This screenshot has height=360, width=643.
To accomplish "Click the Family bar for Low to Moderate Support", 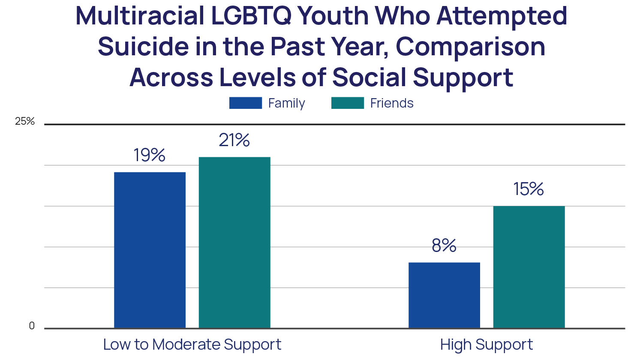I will pyautogui.click(x=150, y=250).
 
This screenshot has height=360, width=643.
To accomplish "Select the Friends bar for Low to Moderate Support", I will pyautogui.click(x=234, y=242).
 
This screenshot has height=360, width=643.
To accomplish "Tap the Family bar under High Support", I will pyautogui.click(x=444, y=295).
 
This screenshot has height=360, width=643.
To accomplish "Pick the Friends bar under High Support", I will pyautogui.click(x=529, y=267).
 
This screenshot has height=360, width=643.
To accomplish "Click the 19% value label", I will pyautogui.click(x=149, y=155).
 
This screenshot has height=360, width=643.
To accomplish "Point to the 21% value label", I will pyautogui.click(x=234, y=140).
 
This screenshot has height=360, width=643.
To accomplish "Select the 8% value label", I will pyautogui.click(x=444, y=246).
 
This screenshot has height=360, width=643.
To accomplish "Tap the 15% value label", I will pyautogui.click(x=529, y=189).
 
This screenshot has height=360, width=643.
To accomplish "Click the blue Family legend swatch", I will pyautogui.click(x=246, y=103).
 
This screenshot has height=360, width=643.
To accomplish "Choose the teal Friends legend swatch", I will pyautogui.click(x=348, y=103).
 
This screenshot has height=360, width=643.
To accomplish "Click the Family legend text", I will pyautogui.click(x=286, y=103).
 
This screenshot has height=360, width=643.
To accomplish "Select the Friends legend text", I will pyautogui.click(x=392, y=103).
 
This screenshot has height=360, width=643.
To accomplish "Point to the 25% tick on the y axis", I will pyautogui.click(x=25, y=122).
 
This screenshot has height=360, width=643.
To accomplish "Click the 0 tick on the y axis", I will pyautogui.click(x=32, y=326).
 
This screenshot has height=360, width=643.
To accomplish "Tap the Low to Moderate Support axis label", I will pyautogui.click(x=192, y=345).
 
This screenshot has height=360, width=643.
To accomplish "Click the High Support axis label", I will pyautogui.click(x=487, y=345).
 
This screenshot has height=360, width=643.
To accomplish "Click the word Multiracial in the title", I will pyautogui.click(x=140, y=16).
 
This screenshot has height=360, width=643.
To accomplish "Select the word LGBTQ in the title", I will pyautogui.click(x=251, y=16).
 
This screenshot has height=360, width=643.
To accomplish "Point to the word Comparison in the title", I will pyautogui.click(x=470, y=48).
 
